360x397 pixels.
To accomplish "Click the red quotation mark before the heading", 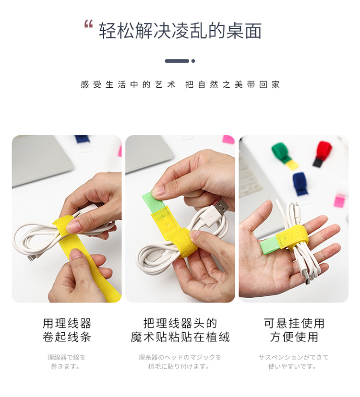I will tap(88, 24).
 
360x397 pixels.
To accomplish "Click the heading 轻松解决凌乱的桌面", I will tap(180, 31).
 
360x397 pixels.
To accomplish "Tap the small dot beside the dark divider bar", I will tap(193, 61).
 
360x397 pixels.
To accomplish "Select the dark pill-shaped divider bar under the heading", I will tap(177, 61).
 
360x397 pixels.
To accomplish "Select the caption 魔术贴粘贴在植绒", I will tap(180, 337).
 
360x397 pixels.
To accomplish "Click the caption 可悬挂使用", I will tap(294, 323).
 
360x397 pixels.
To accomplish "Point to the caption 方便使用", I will tap(294, 337).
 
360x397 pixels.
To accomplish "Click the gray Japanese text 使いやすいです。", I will tap(294, 367).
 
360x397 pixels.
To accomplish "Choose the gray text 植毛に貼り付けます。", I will tap(180, 367).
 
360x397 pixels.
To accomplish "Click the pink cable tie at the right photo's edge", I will tap(339, 200).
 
